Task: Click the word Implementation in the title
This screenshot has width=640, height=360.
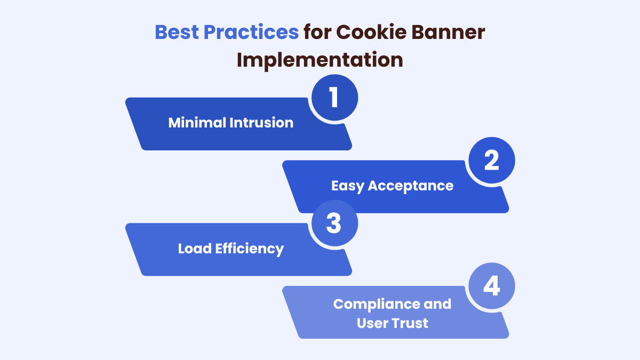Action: pos(319,60)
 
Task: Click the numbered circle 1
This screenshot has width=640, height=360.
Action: pos(334,98)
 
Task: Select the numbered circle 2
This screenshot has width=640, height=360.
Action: pos(491,161)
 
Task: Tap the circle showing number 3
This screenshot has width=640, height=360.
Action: pos(334,224)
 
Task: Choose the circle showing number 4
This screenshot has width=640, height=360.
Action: pos(491,287)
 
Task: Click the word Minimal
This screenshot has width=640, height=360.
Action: pos(197,123)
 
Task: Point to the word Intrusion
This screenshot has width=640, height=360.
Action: pos(261,123)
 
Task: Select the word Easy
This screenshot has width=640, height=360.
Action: pos(348,186)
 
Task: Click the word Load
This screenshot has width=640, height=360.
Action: pos(194,249)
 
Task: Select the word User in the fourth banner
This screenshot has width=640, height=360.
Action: pos(373,323)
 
